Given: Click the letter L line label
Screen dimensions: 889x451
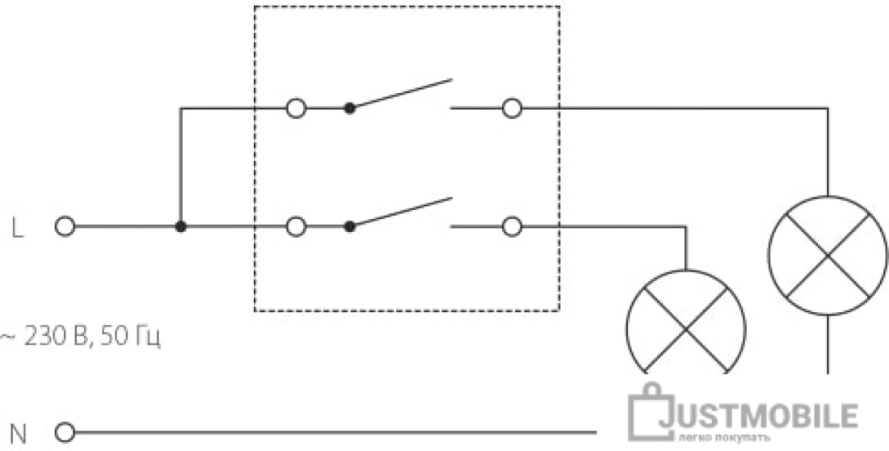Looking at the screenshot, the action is (x=18, y=228).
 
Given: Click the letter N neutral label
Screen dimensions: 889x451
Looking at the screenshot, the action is (x=19, y=435).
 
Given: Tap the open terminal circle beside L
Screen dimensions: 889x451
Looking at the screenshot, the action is (x=65, y=227).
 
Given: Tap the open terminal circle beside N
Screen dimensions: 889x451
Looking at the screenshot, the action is (x=65, y=433).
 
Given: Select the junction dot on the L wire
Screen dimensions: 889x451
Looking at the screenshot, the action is (x=180, y=227).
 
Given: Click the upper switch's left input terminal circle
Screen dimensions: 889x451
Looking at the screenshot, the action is (x=296, y=107).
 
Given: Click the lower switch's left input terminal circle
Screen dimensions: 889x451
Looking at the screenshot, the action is (x=296, y=227).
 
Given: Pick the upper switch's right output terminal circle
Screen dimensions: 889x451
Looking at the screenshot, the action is (x=512, y=107).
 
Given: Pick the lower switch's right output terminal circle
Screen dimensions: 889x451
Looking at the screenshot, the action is (x=512, y=227).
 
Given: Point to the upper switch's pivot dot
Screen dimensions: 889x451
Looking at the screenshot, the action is (x=350, y=107).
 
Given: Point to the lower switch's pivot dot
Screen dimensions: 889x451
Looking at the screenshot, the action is (x=350, y=227).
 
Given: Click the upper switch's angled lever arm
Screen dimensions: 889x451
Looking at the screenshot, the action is (x=401, y=94).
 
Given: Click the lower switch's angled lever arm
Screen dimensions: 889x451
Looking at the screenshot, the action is (x=401, y=213).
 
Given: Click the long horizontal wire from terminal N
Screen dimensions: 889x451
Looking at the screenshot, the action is (x=335, y=433).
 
